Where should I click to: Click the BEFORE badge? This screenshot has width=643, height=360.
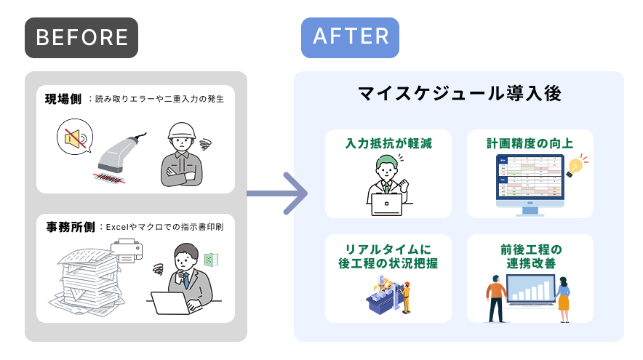(x=81, y=38)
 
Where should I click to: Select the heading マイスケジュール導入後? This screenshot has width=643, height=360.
(x=459, y=94)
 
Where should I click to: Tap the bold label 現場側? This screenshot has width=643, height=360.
(x=63, y=99)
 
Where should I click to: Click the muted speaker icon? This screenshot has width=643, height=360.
(x=74, y=137)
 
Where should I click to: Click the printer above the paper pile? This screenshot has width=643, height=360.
(x=127, y=251)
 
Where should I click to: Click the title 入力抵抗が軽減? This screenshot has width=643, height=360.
(x=388, y=143)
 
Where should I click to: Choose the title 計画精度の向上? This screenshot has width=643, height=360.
(x=530, y=143)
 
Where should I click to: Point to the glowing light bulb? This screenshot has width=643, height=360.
(x=576, y=166)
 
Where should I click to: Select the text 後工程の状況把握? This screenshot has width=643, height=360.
(x=388, y=263)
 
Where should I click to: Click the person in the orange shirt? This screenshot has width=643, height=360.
(x=497, y=298)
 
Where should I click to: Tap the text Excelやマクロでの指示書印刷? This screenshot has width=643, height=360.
(x=164, y=227)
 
